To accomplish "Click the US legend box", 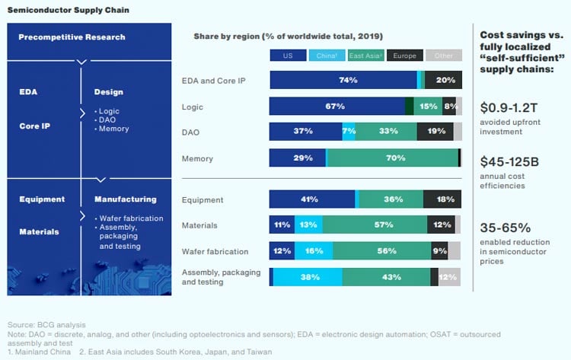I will click(288, 56).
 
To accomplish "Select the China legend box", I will click(327, 56).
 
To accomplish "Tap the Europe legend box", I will click(404, 56).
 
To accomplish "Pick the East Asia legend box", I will click(365, 56).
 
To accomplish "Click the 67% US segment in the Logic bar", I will click(337, 106).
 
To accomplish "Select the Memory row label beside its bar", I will click(197, 158).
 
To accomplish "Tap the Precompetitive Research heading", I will click(72, 37).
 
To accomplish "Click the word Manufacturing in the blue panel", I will click(125, 199).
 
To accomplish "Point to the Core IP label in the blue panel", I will click(35, 126).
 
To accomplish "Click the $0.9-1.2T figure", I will click(511, 107).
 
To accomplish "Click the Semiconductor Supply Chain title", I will click(68, 10).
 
